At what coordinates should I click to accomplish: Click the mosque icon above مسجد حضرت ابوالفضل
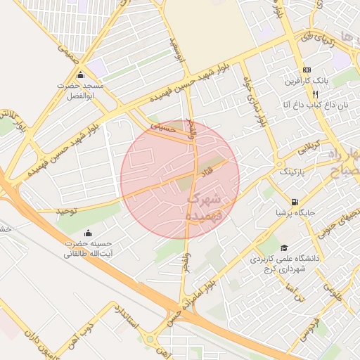(x=81, y=75)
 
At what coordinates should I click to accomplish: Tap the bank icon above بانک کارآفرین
(x=307, y=70)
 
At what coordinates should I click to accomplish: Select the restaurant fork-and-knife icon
(x=316, y=93)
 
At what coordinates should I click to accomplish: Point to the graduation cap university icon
(x=284, y=247)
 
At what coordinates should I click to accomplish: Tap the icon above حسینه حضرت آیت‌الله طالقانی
(x=88, y=233)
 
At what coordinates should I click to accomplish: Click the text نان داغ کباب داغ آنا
(x=307, y=104)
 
